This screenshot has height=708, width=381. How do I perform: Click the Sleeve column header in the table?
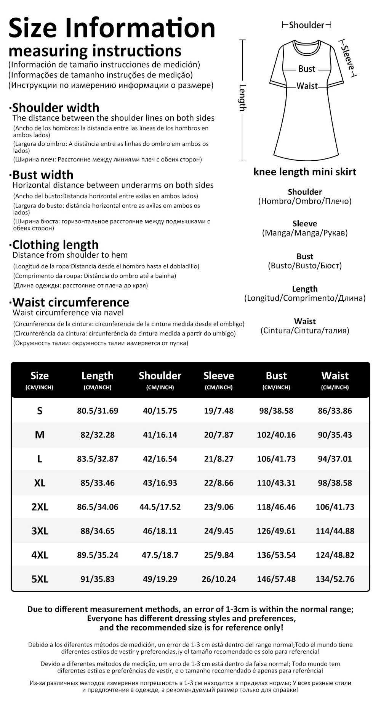click(x=219, y=376)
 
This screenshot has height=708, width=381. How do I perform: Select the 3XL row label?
click(x=40, y=531)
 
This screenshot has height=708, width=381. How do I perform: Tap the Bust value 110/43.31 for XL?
click(x=276, y=483)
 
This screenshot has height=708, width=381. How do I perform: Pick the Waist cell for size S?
click(x=335, y=411)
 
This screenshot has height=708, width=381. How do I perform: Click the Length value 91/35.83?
click(x=98, y=579)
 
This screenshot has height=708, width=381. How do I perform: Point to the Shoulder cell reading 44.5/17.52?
click(x=160, y=507)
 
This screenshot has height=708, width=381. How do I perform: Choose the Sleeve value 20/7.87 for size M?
click(x=219, y=435)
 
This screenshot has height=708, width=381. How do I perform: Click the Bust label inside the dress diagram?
click(x=307, y=69)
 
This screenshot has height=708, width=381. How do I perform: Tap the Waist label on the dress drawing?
click(x=307, y=86)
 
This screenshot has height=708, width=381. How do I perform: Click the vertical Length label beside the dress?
click(x=243, y=98)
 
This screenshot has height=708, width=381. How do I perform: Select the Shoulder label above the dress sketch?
click(x=306, y=25)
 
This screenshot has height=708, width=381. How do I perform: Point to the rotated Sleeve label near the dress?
click(x=347, y=58)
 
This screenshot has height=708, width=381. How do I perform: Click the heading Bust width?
click(x=43, y=175)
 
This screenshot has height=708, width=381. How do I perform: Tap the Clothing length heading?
click(x=55, y=245)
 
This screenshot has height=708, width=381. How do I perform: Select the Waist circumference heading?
click(x=70, y=302)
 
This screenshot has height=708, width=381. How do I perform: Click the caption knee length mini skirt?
click(x=305, y=172)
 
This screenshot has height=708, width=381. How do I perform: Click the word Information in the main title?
click(x=140, y=28)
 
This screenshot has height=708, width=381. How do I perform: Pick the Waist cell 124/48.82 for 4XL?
click(x=335, y=555)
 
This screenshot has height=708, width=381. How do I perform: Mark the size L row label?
click(x=40, y=459)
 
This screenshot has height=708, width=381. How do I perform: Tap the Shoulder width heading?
click(x=56, y=108)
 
